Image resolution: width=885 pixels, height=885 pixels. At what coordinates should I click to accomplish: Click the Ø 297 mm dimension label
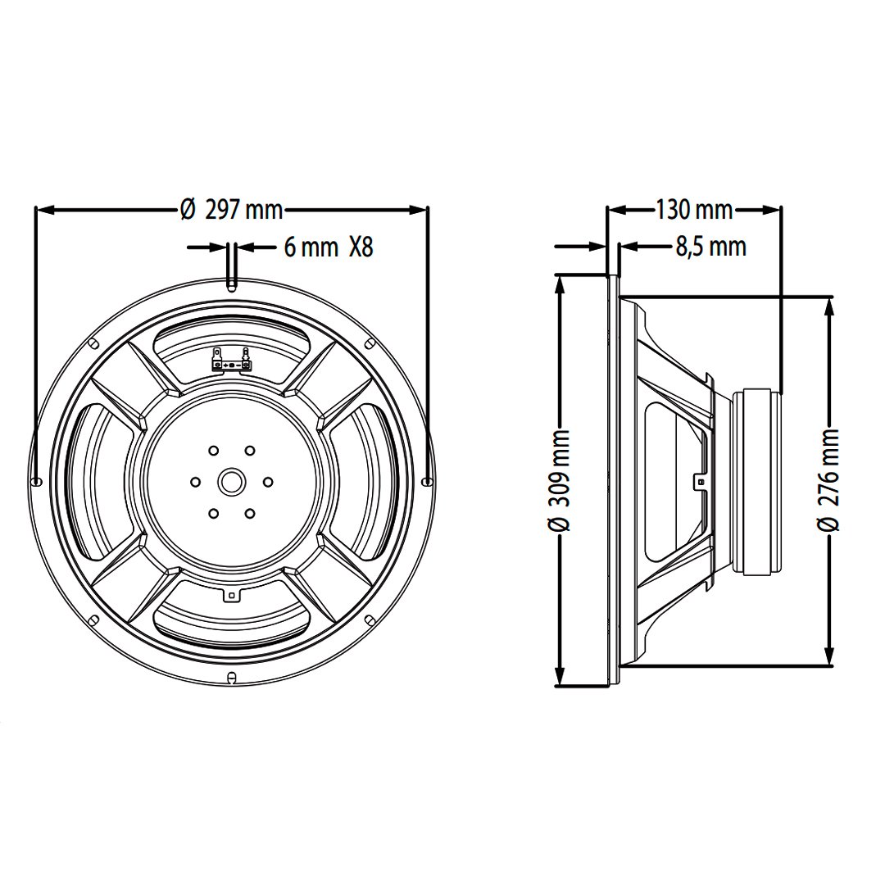tap(232, 211)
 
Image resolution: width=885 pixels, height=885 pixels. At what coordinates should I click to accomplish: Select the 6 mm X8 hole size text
tap(328, 247)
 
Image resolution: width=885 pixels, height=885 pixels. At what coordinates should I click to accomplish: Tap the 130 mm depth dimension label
tap(693, 211)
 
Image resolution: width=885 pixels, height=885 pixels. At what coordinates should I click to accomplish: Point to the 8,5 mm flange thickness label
tap(710, 246)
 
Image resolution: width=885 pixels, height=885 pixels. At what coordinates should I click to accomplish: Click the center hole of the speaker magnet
tap(231, 481)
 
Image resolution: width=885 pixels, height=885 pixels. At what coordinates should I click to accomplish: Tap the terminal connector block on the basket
tap(231, 361)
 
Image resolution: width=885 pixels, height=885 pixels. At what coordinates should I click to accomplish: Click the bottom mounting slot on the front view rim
tap(231, 677)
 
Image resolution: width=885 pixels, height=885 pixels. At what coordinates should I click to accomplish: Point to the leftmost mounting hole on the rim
tap(36, 481)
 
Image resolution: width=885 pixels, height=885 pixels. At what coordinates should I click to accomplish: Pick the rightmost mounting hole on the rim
tap(426, 481)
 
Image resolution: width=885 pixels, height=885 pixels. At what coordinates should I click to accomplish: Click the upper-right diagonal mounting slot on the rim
tap(370, 343)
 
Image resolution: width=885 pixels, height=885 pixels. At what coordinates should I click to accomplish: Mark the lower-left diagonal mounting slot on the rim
tap(93, 619)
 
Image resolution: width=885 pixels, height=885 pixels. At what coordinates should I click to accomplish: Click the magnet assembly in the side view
tap(760, 481)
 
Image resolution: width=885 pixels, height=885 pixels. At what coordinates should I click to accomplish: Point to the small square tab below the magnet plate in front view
tap(231, 595)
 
